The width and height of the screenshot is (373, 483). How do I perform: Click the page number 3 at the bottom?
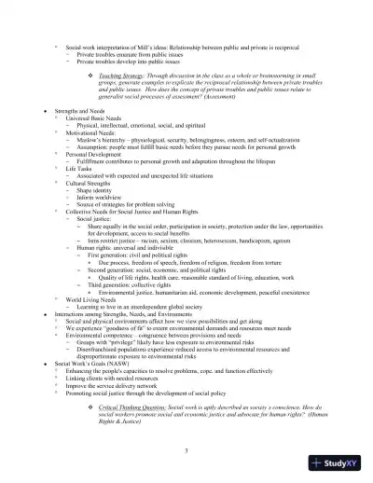tap(186, 451)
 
